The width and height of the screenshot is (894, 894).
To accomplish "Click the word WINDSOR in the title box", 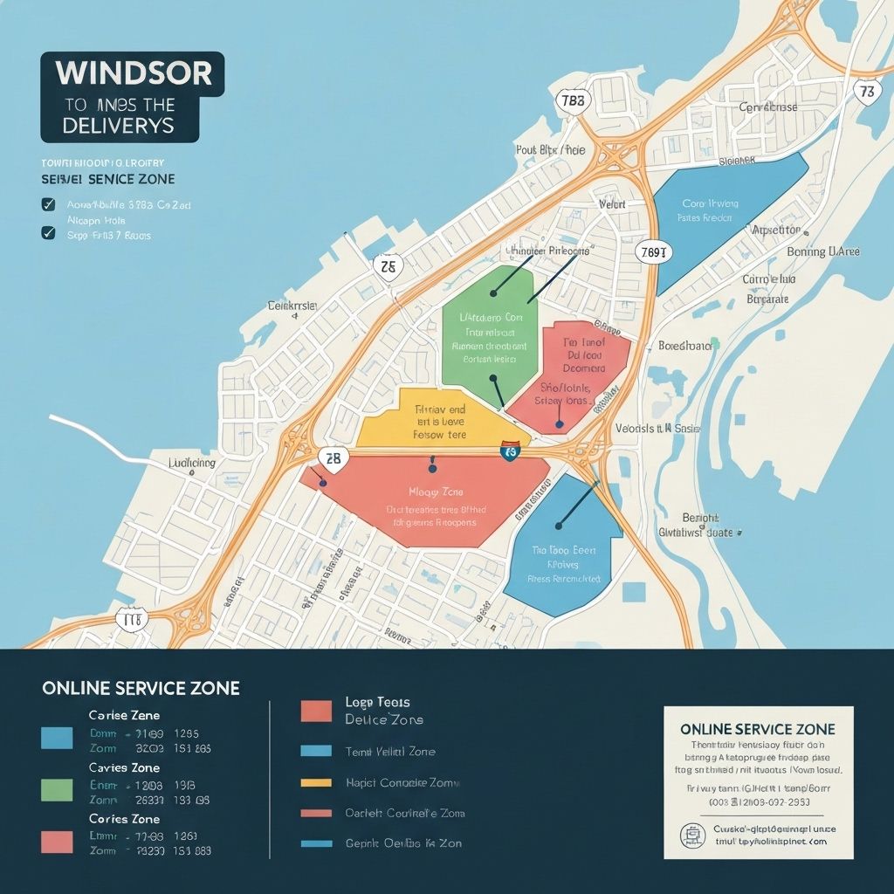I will point(133,73).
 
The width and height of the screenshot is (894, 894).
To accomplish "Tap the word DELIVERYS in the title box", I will point(119,126).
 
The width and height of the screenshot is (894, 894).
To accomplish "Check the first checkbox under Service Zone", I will point(49,205).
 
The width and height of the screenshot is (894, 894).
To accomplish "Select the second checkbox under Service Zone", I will point(49,233).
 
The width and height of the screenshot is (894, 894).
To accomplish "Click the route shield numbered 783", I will point(572,100).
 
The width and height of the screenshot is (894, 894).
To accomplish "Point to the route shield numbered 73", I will point(866,91).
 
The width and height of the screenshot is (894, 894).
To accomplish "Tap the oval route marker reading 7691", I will point(655,253).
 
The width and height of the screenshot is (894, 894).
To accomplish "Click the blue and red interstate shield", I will point(510,450).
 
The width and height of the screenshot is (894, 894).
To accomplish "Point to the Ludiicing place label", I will point(191,462).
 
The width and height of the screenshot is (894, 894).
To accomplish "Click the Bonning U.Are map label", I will point(822,251).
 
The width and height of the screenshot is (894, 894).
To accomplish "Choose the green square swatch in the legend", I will point(57,789).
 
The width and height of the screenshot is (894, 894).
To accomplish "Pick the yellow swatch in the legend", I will point(315,783).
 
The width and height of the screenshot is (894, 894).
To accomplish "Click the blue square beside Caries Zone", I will point(57,738).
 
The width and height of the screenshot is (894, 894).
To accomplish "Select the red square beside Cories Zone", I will point(57,841).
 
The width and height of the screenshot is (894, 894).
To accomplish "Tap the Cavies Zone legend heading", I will point(124,767).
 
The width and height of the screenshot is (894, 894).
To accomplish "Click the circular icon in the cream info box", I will point(694,835).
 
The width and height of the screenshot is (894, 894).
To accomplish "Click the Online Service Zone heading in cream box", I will point(757,729).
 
